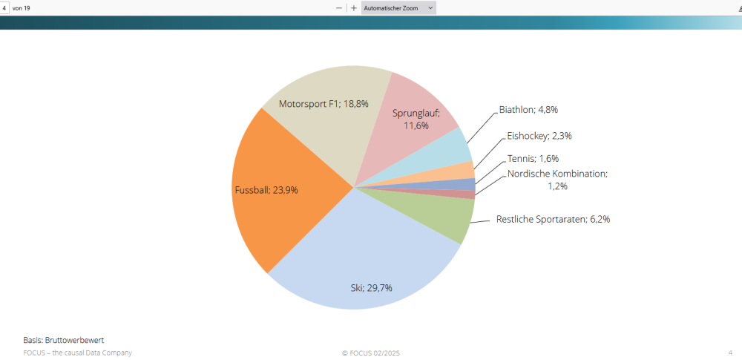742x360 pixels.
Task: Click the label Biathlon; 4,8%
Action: point(528,109)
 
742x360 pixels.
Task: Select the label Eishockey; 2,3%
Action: point(539,136)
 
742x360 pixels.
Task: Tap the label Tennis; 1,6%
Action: point(533,158)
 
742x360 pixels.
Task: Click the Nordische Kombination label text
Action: point(557,174)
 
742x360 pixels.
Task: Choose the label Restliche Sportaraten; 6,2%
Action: point(553,219)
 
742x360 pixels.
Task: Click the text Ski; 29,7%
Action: point(371,287)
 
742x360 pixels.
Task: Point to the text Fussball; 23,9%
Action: point(266,190)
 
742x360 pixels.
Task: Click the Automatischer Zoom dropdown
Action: point(398,7)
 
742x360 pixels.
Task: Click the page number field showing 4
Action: point(4,7)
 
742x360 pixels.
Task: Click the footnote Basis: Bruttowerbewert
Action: point(63,340)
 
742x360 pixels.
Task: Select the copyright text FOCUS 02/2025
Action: point(370,353)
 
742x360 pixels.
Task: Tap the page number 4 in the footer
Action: point(730,353)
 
